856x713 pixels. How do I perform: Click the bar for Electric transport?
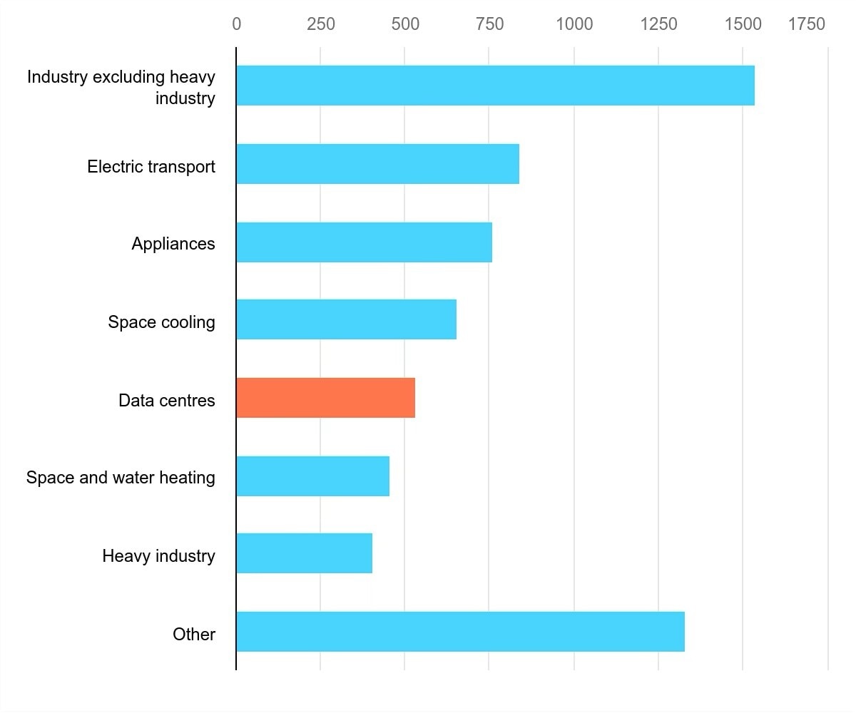click(377, 164)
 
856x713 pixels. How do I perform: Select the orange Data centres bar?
click(325, 398)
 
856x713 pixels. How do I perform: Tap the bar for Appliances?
click(364, 242)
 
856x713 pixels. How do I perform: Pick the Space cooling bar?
click(346, 319)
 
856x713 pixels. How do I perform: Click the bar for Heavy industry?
click(304, 553)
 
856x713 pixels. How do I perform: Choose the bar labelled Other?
click(460, 632)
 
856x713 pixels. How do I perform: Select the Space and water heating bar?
click(312, 476)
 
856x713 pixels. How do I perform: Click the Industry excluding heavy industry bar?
click(495, 86)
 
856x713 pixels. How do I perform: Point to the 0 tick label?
click(236, 24)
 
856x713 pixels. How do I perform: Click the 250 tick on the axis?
click(321, 24)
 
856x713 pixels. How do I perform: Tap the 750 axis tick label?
click(489, 24)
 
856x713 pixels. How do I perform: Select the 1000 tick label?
click(574, 24)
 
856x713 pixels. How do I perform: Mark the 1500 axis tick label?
click(743, 24)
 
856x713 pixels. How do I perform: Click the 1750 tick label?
click(807, 24)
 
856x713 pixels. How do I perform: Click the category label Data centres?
click(166, 401)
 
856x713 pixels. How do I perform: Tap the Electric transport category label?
click(151, 167)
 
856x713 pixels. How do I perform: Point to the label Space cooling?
click(161, 322)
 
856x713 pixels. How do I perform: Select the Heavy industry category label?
click(158, 556)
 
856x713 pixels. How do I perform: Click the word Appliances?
click(173, 244)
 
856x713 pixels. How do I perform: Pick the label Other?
click(194, 635)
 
